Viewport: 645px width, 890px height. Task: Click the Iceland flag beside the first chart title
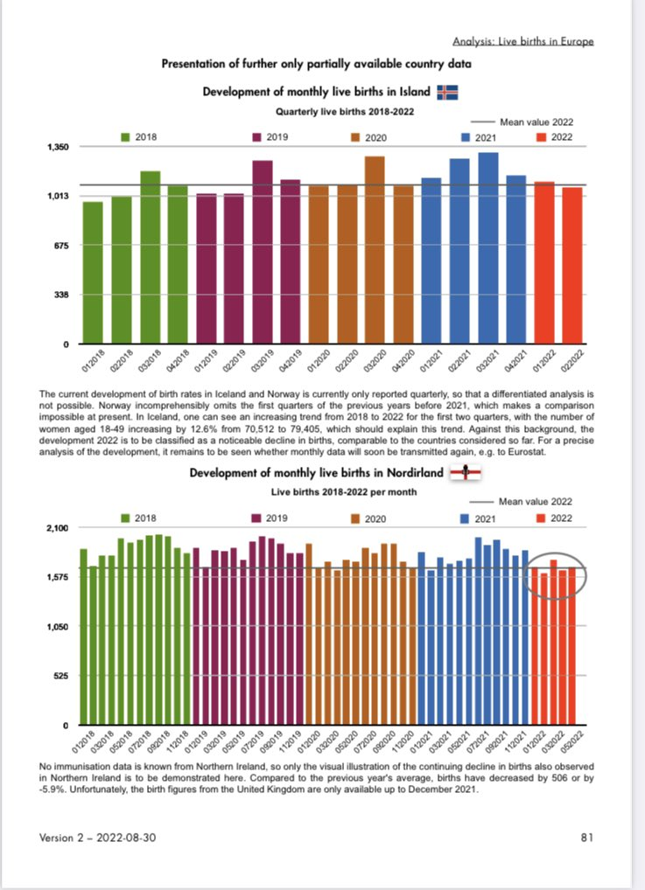click(x=448, y=92)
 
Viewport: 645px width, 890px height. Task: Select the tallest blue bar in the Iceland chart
click(x=488, y=248)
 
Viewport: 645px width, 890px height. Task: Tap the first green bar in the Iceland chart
click(x=93, y=273)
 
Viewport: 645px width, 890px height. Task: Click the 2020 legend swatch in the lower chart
click(x=355, y=518)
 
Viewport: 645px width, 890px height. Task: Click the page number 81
click(x=587, y=838)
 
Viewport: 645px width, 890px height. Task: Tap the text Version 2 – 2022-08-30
click(x=98, y=838)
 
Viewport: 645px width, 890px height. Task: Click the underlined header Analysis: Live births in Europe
click(x=523, y=41)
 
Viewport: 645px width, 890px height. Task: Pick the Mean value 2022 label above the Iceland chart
click(x=536, y=122)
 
